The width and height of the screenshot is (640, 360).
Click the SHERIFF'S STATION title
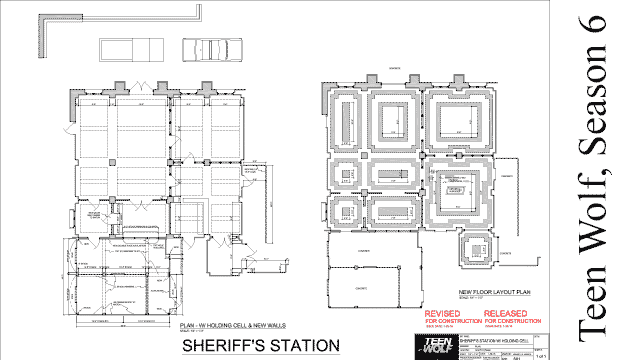click(254, 346)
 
